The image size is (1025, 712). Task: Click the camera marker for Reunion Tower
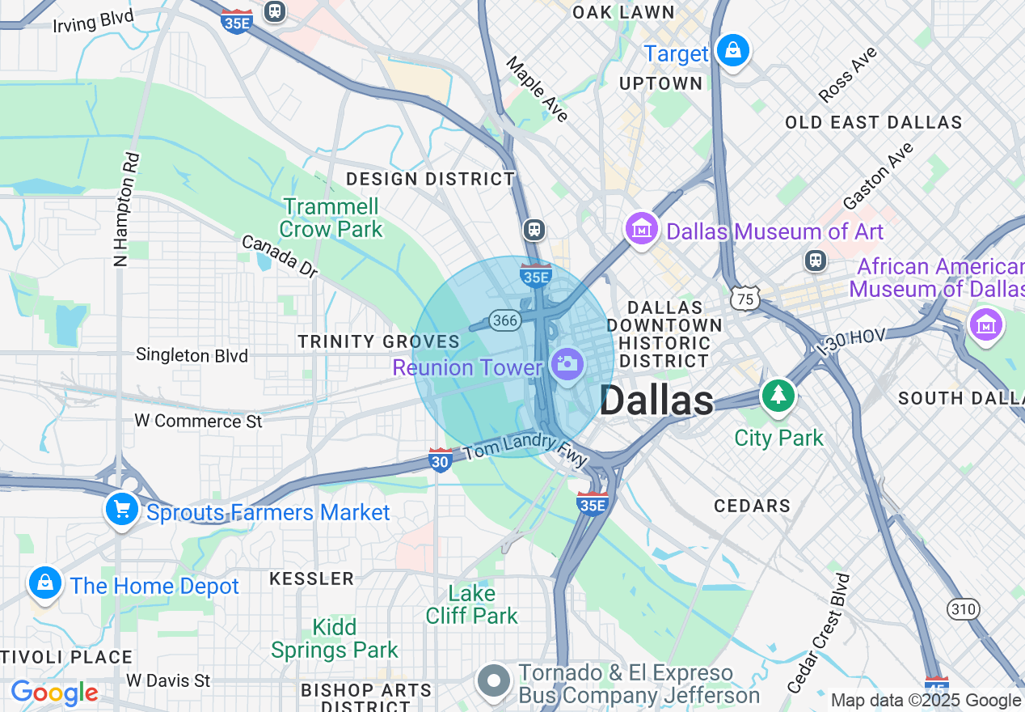pos(567,364)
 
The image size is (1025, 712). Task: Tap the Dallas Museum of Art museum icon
pos(642,229)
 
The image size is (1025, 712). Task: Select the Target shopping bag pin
pos(732,51)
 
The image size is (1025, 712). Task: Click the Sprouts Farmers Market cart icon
pos(122,510)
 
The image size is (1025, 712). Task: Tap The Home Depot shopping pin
pos(45,583)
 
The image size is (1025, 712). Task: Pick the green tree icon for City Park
pos(778,396)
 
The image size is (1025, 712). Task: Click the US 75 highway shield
pos(744,298)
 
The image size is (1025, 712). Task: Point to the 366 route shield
pos(504,320)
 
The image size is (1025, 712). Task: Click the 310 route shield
pos(964,608)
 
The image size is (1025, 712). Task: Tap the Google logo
pos(54,693)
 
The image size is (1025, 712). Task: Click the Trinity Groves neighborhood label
pos(378,341)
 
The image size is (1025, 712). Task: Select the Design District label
pos(430,179)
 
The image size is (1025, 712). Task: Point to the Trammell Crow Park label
pos(331,218)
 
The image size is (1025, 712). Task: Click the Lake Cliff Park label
pos(472,604)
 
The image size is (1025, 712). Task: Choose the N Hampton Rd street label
pos(124,210)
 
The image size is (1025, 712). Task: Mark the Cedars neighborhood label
pos(752,506)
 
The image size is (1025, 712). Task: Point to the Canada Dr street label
pos(280,256)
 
